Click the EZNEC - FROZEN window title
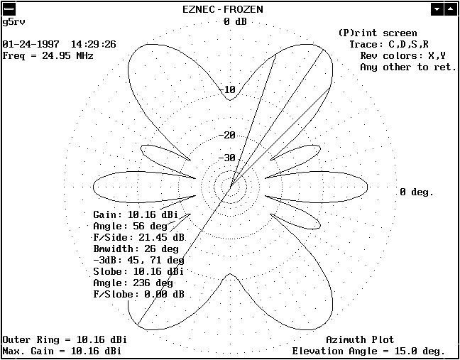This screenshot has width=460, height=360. (223, 9)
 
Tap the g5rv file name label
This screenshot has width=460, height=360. (13, 22)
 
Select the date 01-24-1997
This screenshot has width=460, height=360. (31, 44)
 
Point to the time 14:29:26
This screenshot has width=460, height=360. (94, 44)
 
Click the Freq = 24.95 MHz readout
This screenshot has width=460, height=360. (48, 55)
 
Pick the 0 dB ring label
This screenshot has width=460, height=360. (235, 21)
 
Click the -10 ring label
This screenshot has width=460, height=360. (227, 89)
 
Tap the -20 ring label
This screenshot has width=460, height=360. (227, 135)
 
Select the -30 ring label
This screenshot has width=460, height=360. (227, 158)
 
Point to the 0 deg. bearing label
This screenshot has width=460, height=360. (417, 192)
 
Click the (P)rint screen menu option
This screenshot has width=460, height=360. (378, 33)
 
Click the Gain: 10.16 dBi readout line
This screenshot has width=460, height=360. (136, 214)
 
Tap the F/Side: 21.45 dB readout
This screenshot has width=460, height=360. (138, 238)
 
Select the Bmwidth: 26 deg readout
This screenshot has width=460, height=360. (136, 249)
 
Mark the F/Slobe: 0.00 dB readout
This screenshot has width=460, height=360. (138, 294)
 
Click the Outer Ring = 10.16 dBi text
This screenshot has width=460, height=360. (65, 339)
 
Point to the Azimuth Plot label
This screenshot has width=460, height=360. (360, 339)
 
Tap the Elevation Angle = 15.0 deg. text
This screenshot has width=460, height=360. (368, 351)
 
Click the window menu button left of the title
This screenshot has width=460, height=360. (9, 9)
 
